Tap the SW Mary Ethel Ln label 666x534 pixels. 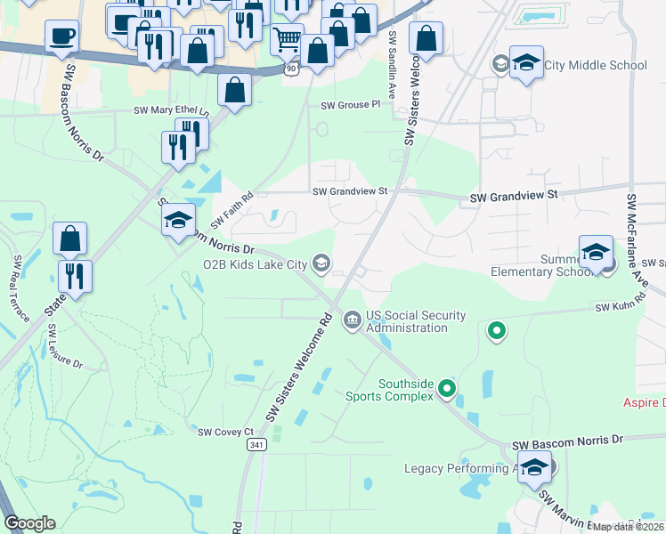(x=170, y=111)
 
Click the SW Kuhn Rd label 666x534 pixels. (x=613, y=307)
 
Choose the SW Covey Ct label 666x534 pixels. (x=219, y=432)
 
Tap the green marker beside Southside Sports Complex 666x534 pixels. (x=448, y=389)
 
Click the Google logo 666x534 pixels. (x=30, y=523)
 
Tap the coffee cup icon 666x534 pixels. (x=62, y=36)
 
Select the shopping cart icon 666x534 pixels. (x=287, y=39)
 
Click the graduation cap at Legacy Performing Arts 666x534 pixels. (x=534, y=467)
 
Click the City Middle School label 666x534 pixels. (x=596, y=65)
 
